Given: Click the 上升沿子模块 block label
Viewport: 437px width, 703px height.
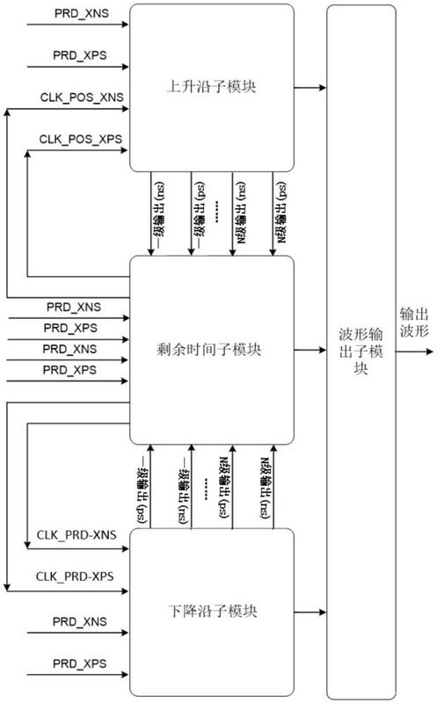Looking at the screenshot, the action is click(211, 85).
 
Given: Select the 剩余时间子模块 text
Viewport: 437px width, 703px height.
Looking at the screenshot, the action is click(209, 349).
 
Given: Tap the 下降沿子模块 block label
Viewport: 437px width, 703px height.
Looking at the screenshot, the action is click(212, 611).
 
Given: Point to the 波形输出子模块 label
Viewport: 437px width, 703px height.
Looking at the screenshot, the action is click(361, 351).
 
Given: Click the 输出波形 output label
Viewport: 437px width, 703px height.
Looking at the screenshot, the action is click(414, 323).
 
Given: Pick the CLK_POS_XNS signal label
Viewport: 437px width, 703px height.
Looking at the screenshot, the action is click(82, 98).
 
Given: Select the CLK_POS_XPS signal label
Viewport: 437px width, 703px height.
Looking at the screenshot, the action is click(81, 139).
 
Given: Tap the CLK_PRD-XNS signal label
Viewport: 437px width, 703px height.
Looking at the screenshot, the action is click(76, 535).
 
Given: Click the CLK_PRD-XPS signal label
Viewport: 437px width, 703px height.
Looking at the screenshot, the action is click(75, 576).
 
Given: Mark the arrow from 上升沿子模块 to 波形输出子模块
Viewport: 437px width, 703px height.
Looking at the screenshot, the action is click(310, 88).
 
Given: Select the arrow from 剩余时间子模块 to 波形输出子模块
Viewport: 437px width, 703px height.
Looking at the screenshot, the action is click(310, 350).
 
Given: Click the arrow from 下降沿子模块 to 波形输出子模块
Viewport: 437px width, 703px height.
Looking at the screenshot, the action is click(310, 612).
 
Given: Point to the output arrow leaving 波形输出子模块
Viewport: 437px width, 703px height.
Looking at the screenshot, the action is click(414, 352).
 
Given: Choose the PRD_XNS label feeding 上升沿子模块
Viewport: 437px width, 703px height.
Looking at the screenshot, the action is click(81, 13).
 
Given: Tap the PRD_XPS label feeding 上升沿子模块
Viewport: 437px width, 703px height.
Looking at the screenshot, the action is click(80, 55).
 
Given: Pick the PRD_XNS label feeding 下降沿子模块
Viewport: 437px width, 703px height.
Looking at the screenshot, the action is click(80, 622).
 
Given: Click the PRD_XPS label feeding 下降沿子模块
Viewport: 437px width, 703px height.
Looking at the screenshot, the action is click(80, 663).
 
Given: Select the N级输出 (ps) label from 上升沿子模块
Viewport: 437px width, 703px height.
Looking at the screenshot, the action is click(281, 213).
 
